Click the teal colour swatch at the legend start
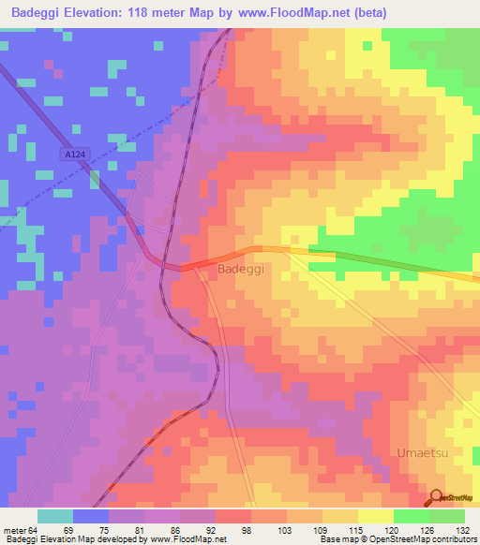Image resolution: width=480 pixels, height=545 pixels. tap(55, 516)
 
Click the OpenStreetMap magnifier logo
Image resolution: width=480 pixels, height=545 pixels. tap(436, 498)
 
